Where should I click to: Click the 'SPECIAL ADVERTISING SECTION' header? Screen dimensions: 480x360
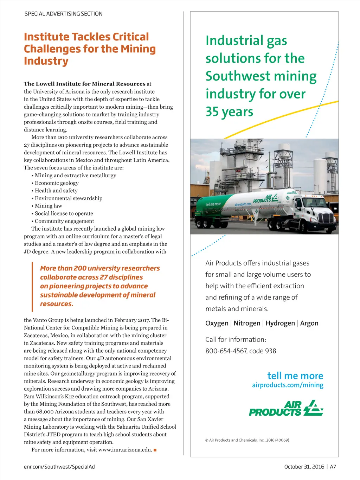click(63, 14)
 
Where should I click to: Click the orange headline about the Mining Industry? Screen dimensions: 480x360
click(90, 49)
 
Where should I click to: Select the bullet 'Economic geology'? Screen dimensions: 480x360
click(57, 183)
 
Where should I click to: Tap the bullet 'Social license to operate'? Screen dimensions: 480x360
click(64, 213)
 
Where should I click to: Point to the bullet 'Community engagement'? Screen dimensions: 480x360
click(64, 221)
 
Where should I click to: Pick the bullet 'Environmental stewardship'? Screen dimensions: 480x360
click(69, 198)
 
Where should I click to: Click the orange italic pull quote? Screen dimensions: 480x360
click(100, 286)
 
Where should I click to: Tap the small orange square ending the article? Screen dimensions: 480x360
click(155, 450)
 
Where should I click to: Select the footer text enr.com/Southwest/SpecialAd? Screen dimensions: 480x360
click(59, 467)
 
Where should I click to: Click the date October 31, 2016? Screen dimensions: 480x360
click(304, 467)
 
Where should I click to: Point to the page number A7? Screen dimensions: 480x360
click(333, 467)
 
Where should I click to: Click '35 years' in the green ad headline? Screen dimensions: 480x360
click(229, 112)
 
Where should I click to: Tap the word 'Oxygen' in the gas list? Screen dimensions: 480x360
click(217, 323)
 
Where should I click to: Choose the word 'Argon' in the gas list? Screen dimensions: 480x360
click(309, 323)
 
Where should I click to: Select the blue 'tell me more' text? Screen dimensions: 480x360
click(295, 376)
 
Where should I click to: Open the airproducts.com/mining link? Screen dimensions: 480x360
click(288, 385)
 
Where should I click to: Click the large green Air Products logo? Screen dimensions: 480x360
click(286, 408)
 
